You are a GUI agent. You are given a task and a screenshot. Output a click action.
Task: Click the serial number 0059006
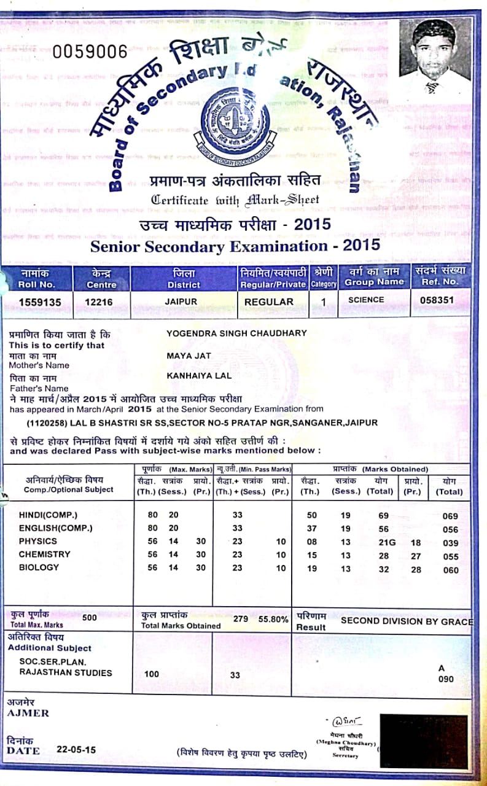90,52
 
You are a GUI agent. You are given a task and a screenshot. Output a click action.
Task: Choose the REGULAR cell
269,302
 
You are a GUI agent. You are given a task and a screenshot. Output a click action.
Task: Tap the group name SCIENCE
365,300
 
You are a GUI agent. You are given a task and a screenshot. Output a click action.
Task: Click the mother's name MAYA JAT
189,356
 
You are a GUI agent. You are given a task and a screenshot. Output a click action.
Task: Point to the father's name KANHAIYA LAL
199,375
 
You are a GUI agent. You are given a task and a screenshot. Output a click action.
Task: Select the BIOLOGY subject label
39,567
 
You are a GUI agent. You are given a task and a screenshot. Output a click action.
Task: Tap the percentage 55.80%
273,620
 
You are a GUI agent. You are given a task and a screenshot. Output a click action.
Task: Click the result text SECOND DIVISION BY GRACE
407,621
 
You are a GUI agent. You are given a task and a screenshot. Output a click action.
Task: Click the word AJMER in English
28,713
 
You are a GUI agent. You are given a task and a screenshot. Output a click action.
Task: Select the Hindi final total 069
450,516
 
